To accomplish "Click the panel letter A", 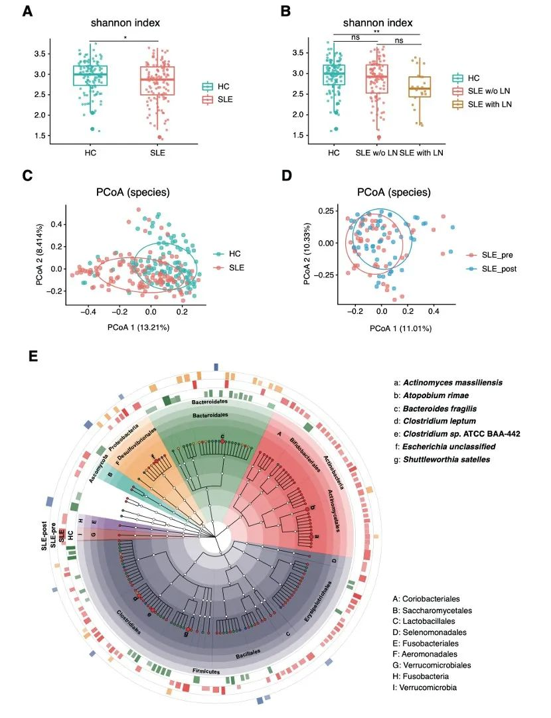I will [28, 11].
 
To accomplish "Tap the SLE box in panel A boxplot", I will [158, 80].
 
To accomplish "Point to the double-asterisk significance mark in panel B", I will [376, 31].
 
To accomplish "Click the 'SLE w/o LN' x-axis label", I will [377, 153].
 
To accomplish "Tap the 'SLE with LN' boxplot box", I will [420, 87].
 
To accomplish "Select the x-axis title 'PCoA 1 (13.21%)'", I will [116, 326].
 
